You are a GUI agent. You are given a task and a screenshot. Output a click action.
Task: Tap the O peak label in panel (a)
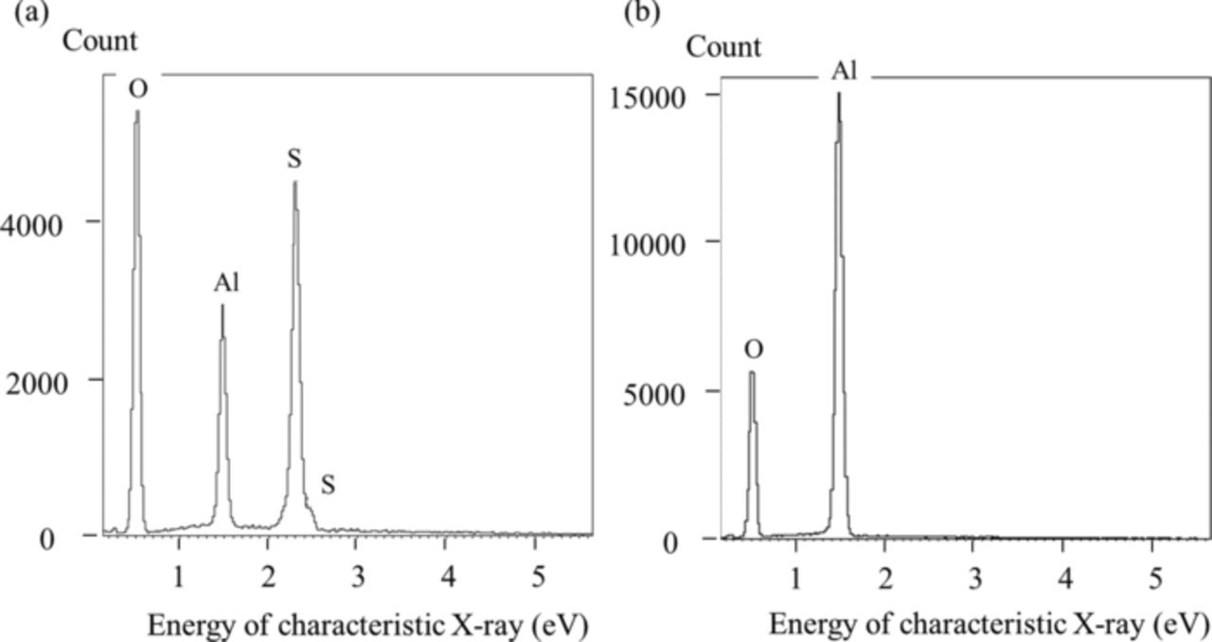click(x=138, y=88)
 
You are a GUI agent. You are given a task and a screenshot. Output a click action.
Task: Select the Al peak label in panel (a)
click(x=225, y=283)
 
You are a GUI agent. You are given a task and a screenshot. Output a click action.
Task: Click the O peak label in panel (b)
click(x=753, y=350)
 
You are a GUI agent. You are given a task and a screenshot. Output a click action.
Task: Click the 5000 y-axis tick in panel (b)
click(x=668, y=392)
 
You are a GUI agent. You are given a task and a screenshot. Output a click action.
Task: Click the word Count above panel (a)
click(x=99, y=42)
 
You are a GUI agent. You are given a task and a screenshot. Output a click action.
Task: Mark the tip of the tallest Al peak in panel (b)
click(x=839, y=93)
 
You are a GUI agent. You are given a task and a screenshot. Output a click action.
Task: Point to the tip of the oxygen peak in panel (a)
click(x=137, y=111)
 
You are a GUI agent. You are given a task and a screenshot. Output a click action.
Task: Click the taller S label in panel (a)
click(x=294, y=159)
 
